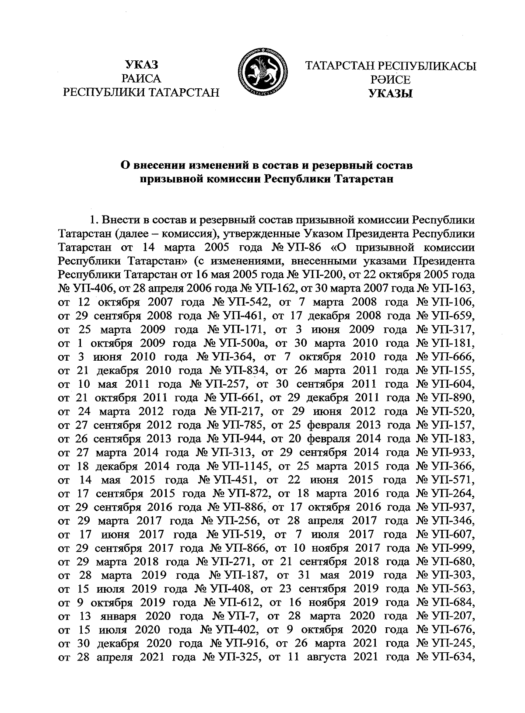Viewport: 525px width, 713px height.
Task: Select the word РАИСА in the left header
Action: point(141,79)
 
